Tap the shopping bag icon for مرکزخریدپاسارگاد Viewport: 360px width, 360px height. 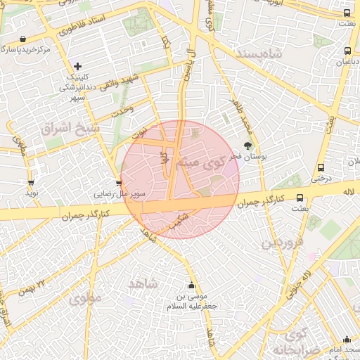pos(24,39)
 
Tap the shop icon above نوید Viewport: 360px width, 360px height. pos(31,183)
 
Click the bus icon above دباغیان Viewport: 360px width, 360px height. pos(348,51)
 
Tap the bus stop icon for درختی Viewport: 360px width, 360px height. pos(321,168)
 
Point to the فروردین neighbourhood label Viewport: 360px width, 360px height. pos(283,243)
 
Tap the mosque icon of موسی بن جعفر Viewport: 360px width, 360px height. pos(192,285)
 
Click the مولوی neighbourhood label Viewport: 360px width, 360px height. pos(86,298)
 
